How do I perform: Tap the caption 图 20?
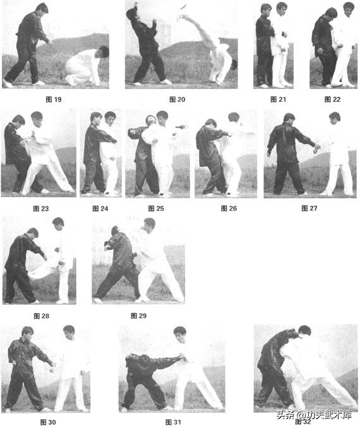tap(177, 100)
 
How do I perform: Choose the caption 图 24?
tap(100, 208)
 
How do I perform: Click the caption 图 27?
tap(309, 208)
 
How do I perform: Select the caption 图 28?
tap(40, 315)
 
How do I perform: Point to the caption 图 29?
tap(138, 315)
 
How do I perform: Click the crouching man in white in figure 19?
tap(87, 65)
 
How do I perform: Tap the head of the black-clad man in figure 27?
tap(290, 119)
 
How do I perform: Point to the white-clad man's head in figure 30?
tap(69, 331)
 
